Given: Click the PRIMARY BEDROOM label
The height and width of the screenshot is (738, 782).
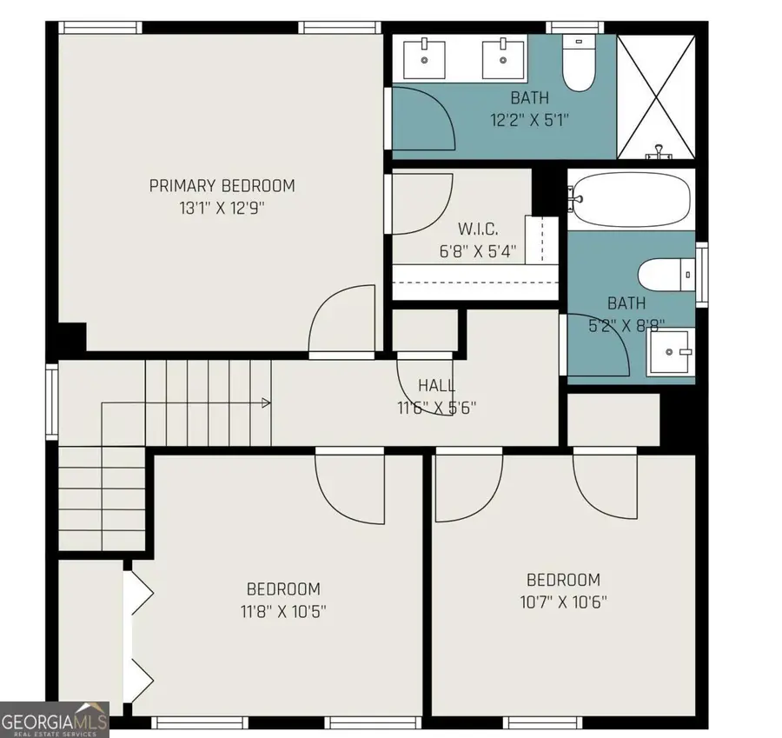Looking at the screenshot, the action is coord(222,186).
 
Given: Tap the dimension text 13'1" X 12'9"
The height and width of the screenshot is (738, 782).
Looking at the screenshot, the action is coord(222,208).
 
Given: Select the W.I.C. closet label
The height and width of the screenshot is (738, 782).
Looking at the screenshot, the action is coord(478,229).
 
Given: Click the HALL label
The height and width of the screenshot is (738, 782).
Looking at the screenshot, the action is coord(437,385).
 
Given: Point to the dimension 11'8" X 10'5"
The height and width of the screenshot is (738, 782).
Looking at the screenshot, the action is coord(283,611).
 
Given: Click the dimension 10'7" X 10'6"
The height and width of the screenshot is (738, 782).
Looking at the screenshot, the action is coord(564,602).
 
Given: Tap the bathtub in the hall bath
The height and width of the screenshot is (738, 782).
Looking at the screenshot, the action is coord(631,199).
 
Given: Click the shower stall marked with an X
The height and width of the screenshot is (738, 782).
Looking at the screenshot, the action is coord(656,96).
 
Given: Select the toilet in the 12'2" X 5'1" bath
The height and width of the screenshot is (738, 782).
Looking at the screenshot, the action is coord(579,63).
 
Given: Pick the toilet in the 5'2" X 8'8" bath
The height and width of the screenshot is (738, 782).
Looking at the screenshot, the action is coord(666,275).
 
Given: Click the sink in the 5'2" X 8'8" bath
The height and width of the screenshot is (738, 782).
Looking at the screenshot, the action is coord(670,352).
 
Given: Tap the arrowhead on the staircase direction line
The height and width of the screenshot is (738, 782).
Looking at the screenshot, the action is coord(267,402).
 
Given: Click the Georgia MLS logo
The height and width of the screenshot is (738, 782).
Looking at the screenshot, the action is coord(55,720).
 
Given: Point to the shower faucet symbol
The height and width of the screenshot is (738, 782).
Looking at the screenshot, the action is coord(659,152).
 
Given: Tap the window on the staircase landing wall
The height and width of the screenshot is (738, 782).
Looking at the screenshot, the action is coord(52,402).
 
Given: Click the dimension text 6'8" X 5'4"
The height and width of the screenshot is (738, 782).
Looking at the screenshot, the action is coord(478,251).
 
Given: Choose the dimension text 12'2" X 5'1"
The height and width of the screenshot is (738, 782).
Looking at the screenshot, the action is coord(530,120).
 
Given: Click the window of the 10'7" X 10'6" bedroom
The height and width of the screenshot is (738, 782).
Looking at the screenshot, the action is coord(542,722).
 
